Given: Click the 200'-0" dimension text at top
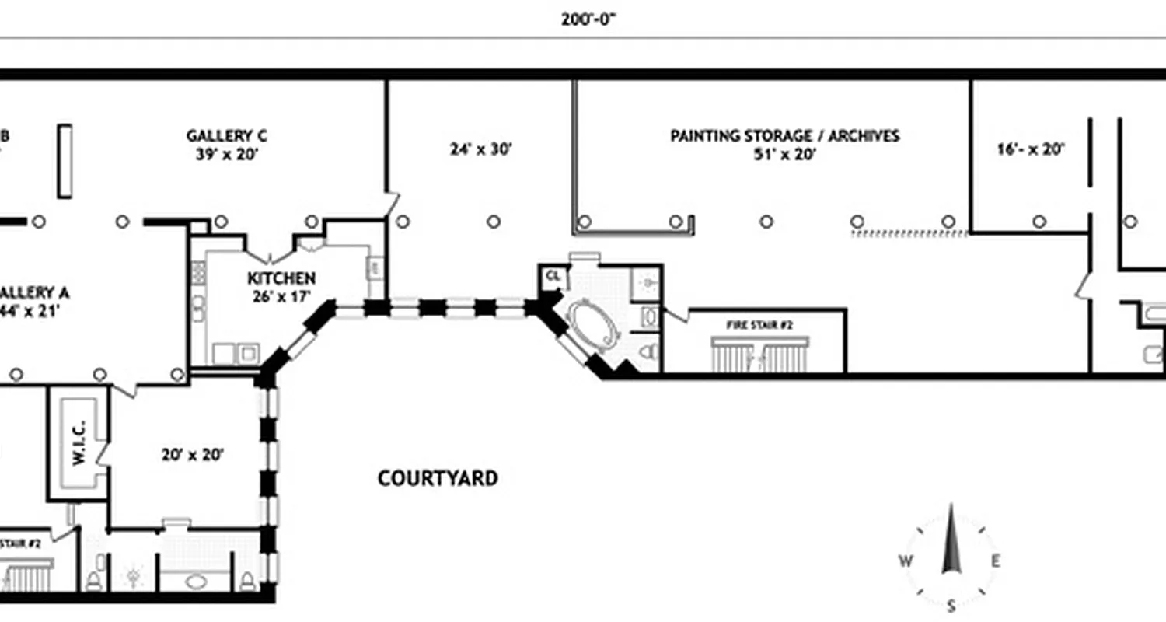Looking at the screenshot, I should point(588,19).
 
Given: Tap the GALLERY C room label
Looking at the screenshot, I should point(227,136).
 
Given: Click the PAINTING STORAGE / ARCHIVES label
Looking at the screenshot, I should point(784,136).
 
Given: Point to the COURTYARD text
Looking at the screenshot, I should point(438,478).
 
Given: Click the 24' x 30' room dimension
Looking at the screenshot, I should point(480,149).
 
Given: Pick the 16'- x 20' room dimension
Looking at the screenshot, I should point(1030,149).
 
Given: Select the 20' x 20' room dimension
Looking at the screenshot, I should point(193,455).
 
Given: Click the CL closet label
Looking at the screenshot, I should point(553,276).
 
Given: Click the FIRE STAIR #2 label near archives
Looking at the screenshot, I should point(759,324).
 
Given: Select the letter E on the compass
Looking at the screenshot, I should point(996,561).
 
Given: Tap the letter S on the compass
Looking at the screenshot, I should point(951,606).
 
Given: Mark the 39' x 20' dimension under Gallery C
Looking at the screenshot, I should point(227,154).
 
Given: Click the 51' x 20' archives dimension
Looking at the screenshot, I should point(784,154).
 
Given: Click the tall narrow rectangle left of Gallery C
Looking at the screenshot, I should point(66,161).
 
